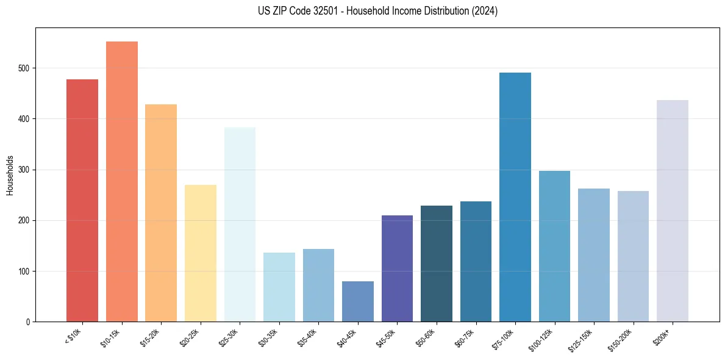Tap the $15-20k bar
(x=161, y=213)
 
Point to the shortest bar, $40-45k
(x=357, y=301)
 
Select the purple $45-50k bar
(x=397, y=268)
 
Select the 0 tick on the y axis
(x=29, y=322)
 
